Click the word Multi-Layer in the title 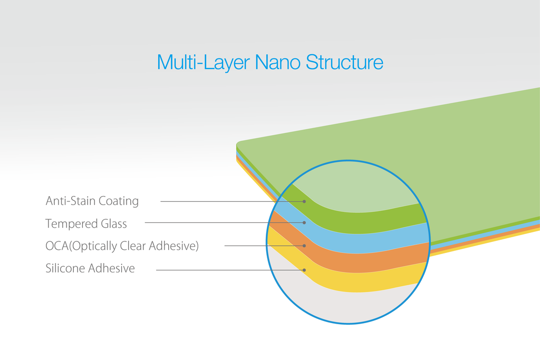[203, 62]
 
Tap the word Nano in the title [277, 62]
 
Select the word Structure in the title [344, 62]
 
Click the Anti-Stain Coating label [92, 201]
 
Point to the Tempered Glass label [86, 223]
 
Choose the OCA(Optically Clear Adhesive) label [122, 246]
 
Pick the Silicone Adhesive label [90, 268]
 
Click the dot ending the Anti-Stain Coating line [304, 201]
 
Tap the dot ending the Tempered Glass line [304, 222]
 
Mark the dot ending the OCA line [304, 246]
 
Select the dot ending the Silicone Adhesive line [304, 270]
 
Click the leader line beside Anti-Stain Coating [232, 201]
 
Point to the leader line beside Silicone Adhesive [229, 270]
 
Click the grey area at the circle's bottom [344, 306]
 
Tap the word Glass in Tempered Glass [114, 223]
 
